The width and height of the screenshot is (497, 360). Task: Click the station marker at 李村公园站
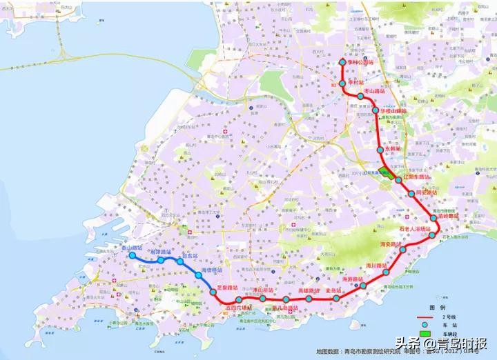342,63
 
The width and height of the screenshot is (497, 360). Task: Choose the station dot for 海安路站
402,251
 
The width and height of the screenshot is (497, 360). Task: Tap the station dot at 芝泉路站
214,293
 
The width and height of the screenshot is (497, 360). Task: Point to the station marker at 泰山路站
132,256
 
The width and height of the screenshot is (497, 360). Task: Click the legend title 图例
437,307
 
